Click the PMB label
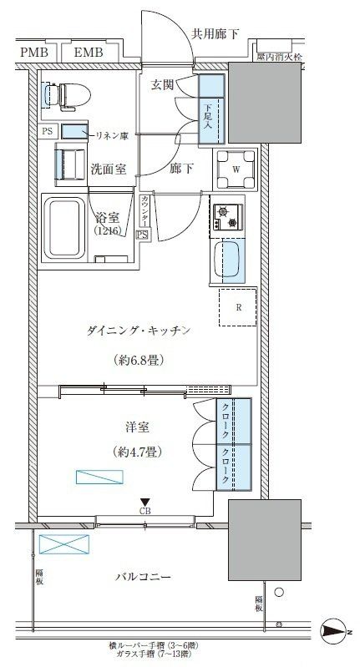pos(33,53)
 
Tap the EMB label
pos(88,53)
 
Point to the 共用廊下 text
pos(215,34)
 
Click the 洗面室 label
pos(108,169)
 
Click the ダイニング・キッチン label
pos(139,331)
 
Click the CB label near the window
pos(145,511)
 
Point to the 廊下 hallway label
pos(181,169)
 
